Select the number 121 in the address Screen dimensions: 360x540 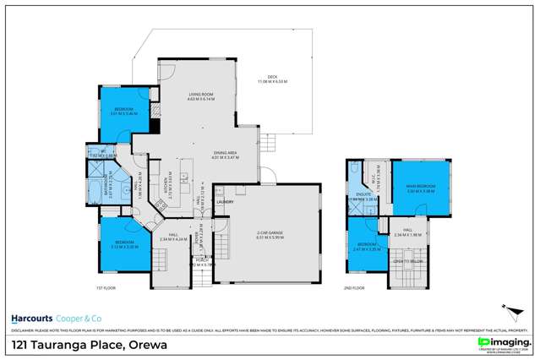[x=19, y=344]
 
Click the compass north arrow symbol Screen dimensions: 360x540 [x=507, y=312]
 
